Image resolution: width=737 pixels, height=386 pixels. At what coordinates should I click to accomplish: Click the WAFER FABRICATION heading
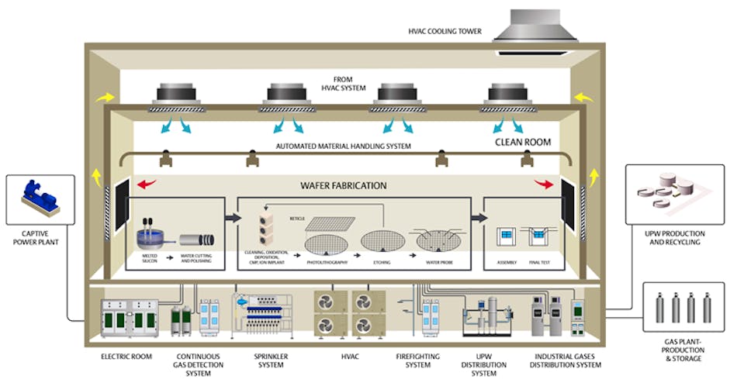click(x=344, y=186)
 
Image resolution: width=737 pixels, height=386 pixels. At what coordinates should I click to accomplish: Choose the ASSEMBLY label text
click(x=507, y=264)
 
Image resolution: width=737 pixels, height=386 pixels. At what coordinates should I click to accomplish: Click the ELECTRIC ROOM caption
click(x=126, y=357)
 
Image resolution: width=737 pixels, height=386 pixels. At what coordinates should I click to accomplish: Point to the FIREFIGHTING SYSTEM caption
click(x=418, y=362)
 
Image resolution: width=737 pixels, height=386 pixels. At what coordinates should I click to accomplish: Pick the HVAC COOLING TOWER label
click(x=445, y=32)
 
